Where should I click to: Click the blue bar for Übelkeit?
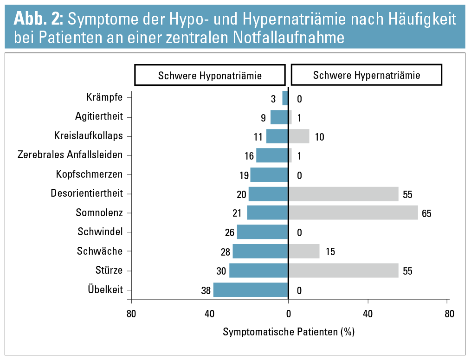click(x=251, y=290)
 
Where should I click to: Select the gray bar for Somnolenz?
click(x=353, y=213)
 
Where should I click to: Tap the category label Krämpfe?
click(x=104, y=97)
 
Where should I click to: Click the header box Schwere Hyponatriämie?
click(x=210, y=76)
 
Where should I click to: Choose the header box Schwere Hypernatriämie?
click(x=367, y=75)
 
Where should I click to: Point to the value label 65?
click(x=427, y=214)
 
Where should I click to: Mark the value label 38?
click(x=206, y=291)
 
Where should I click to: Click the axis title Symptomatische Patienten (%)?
click(x=289, y=332)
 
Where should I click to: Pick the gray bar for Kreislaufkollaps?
click(x=299, y=136)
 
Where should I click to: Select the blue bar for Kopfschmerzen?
click(x=269, y=175)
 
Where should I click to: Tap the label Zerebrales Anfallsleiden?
click(x=70, y=155)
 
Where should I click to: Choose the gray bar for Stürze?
click(x=343, y=270)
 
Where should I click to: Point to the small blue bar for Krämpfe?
click(x=285, y=98)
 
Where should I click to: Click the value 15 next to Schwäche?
click(x=330, y=252)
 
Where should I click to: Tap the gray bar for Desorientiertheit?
click(x=343, y=194)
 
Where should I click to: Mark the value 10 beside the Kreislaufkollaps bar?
click(x=319, y=137)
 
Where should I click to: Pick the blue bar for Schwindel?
click(x=263, y=232)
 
